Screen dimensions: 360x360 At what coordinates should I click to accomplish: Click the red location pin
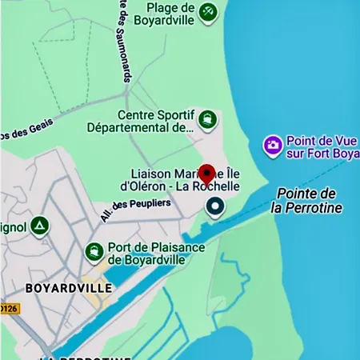click(x=207, y=174)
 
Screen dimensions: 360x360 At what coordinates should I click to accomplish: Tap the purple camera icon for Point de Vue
click(x=273, y=145)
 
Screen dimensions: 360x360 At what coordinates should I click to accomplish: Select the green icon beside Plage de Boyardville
click(x=207, y=11)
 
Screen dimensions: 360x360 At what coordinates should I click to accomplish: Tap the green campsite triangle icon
click(x=40, y=226)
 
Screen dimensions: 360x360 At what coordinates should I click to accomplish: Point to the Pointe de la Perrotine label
click(x=306, y=201)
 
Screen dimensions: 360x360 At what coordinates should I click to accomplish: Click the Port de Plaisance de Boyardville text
click(x=155, y=253)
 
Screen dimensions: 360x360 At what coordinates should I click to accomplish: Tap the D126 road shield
click(x=8, y=308)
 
